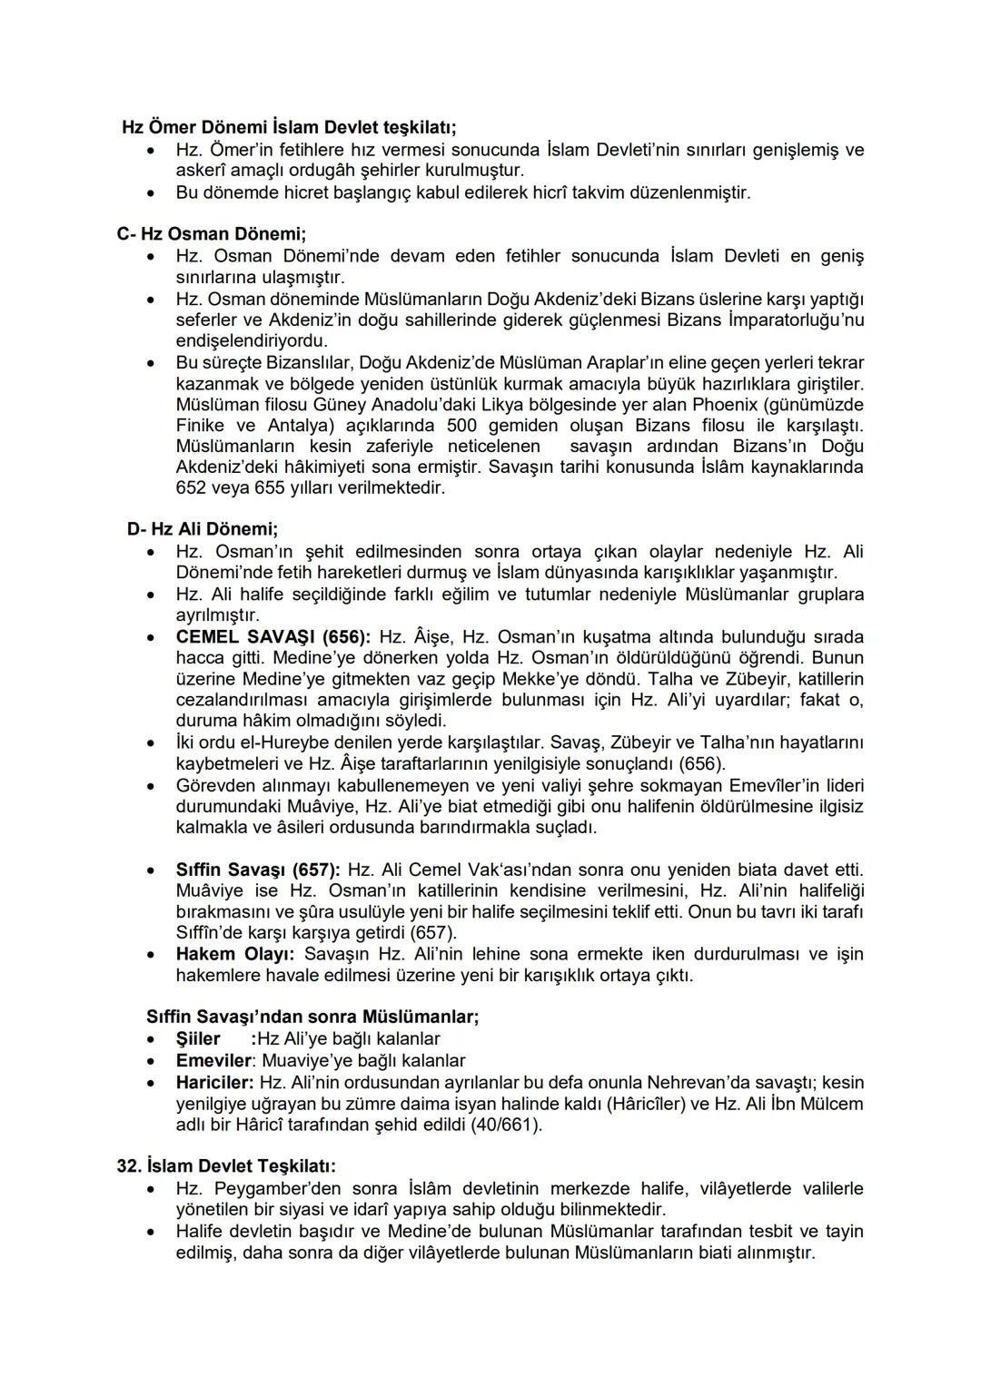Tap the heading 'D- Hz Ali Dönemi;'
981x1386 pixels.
coord(203,529)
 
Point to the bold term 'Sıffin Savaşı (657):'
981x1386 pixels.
coord(258,870)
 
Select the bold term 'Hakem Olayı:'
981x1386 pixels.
coord(235,954)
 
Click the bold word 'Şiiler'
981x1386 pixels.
coord(198,1039)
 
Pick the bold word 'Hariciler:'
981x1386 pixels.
coord(214,1083)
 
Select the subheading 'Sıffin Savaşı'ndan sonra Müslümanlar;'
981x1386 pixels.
coord(312,1017)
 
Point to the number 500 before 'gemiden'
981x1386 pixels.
coord(462,426)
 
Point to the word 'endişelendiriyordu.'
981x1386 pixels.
coord(252,341)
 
